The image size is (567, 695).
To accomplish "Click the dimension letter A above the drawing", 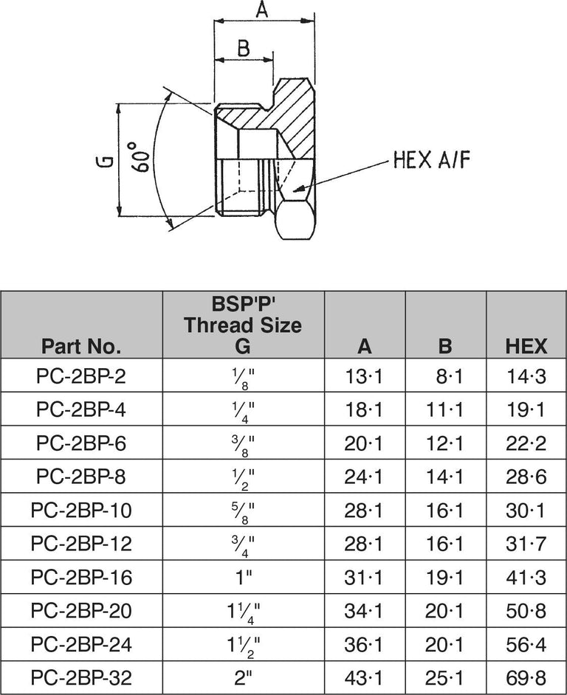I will (262, 10).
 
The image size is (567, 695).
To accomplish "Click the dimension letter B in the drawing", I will (242, 48).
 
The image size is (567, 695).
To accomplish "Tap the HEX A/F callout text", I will (431, 160).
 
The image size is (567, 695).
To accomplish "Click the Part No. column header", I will (81, 346).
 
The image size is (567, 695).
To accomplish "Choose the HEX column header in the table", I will (526, 346).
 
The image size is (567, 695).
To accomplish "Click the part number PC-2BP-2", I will (81, 377).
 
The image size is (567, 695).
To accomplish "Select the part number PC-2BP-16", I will (81, 577).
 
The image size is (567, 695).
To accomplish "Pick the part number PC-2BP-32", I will (81, 677).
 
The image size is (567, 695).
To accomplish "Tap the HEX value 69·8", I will (526, 677).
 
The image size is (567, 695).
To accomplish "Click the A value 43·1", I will (365, 677).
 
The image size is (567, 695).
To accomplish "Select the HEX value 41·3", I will (526, 577).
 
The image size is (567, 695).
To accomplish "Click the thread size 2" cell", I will (243, 677).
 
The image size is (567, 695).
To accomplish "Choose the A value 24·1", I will (365, 477).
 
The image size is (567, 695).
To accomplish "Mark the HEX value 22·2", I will (526, 443).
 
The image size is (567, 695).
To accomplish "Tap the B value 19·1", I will (445, 577).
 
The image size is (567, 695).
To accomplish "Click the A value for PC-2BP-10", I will (365, 511).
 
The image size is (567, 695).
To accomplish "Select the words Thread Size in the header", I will (243, 325).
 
